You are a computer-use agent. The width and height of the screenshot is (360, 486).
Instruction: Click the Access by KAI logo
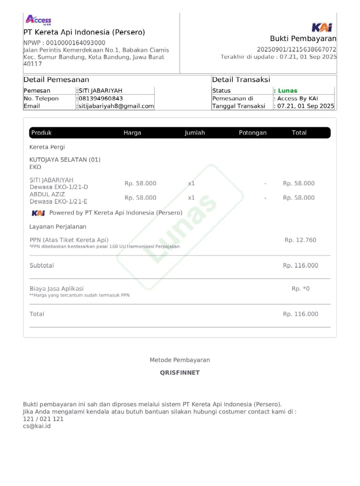tap(38, 19)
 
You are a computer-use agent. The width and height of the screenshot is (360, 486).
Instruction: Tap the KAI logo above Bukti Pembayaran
tap(322, 27)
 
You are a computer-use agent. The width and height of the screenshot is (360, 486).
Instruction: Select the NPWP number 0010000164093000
tap(76, 43)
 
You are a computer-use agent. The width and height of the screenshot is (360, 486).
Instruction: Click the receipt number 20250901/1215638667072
tap(296, 49)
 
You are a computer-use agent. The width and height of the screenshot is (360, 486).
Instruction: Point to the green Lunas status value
tap(287, 91)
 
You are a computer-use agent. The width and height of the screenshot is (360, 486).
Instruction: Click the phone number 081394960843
tap(101, 98)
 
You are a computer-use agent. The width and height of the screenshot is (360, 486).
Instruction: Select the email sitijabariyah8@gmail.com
tap(116, 106)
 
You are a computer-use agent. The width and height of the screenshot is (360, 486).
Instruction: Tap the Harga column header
tap(132, 133)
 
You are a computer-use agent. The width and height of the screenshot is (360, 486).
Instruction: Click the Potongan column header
tap(253, 133)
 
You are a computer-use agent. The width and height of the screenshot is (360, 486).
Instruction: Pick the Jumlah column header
tap(194, 133)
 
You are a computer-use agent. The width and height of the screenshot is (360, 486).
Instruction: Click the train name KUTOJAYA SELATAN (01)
tap(65, 160)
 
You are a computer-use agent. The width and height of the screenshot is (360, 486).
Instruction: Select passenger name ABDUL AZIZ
tap(47, 194)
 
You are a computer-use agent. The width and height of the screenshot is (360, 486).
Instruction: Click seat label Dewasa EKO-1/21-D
tap(59, 187)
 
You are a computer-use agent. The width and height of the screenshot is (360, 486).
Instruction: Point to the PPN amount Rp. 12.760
tap(300, 240)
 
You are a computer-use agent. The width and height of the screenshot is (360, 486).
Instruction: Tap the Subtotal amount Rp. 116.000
tap(300, 265)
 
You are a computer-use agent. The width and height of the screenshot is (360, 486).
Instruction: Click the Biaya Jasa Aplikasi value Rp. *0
tap(300, 289)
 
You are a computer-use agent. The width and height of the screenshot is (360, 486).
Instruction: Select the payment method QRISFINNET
tap(180, 373)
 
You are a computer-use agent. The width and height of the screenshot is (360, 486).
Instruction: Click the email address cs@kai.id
tap(37, 426)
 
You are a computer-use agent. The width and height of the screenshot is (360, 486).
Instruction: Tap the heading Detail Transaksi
tap(241, 80)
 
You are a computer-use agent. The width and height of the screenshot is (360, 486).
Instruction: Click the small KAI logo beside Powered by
tap(38, 213)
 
